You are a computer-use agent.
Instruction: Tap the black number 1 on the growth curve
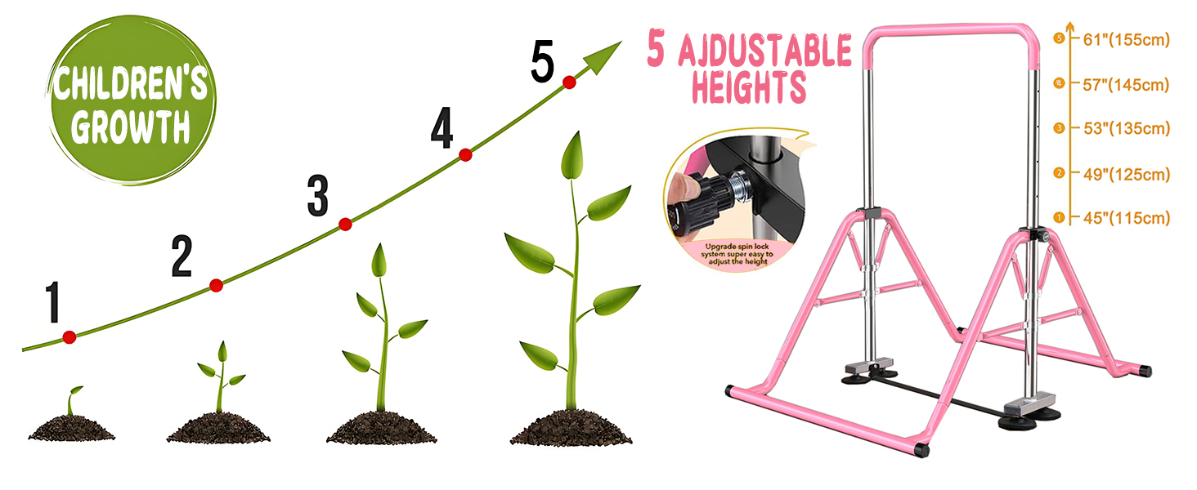point(54,302)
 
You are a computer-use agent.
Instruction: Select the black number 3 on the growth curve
point(317,197)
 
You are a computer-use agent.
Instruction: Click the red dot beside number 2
point(216,285)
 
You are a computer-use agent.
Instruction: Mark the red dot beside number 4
point(465,154)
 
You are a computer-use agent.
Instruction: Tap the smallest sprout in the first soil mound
point(74,399)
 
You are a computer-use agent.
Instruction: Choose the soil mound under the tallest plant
point(571,427)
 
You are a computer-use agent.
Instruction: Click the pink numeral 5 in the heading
point(657,50)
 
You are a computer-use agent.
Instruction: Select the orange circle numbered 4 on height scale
point(1059,83)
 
